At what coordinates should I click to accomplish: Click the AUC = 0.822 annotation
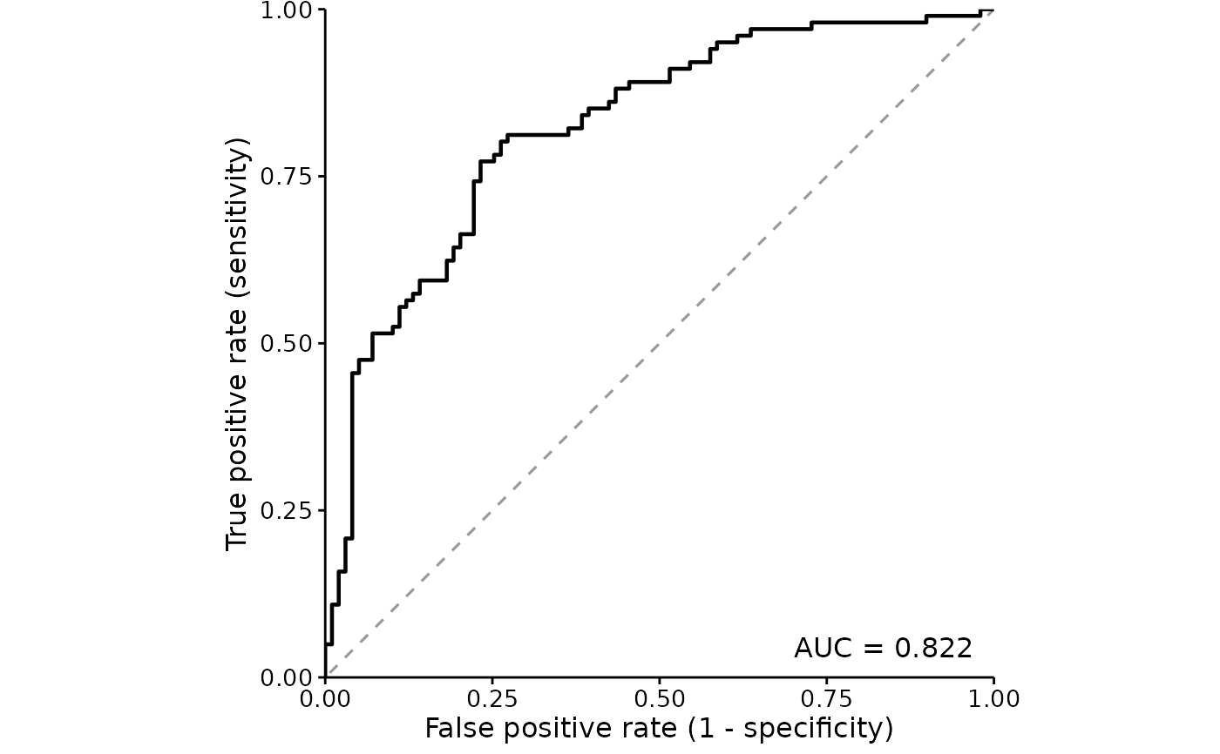pos(883,648)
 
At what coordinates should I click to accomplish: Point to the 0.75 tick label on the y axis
pos(286,177)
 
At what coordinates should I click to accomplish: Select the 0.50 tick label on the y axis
pos(286,344)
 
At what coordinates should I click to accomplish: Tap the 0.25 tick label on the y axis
pos(286,511)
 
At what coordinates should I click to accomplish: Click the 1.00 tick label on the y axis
pos(286,10)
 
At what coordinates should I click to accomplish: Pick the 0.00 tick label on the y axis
pos(286,678)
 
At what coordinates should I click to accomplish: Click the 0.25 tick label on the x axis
pos(492,699)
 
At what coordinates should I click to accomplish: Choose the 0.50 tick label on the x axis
pos(660,699)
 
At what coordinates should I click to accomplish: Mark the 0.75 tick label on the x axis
pos(827,699)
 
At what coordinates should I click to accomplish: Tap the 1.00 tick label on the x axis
pos(994,699)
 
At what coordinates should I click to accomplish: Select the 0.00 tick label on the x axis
pos(325,699)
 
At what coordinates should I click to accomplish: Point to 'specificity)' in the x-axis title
pos(818,730)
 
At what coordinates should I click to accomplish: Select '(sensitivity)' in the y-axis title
pos(238,217)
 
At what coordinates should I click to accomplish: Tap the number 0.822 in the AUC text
pos(933,648)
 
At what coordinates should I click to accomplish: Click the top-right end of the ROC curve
pos(993,10)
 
